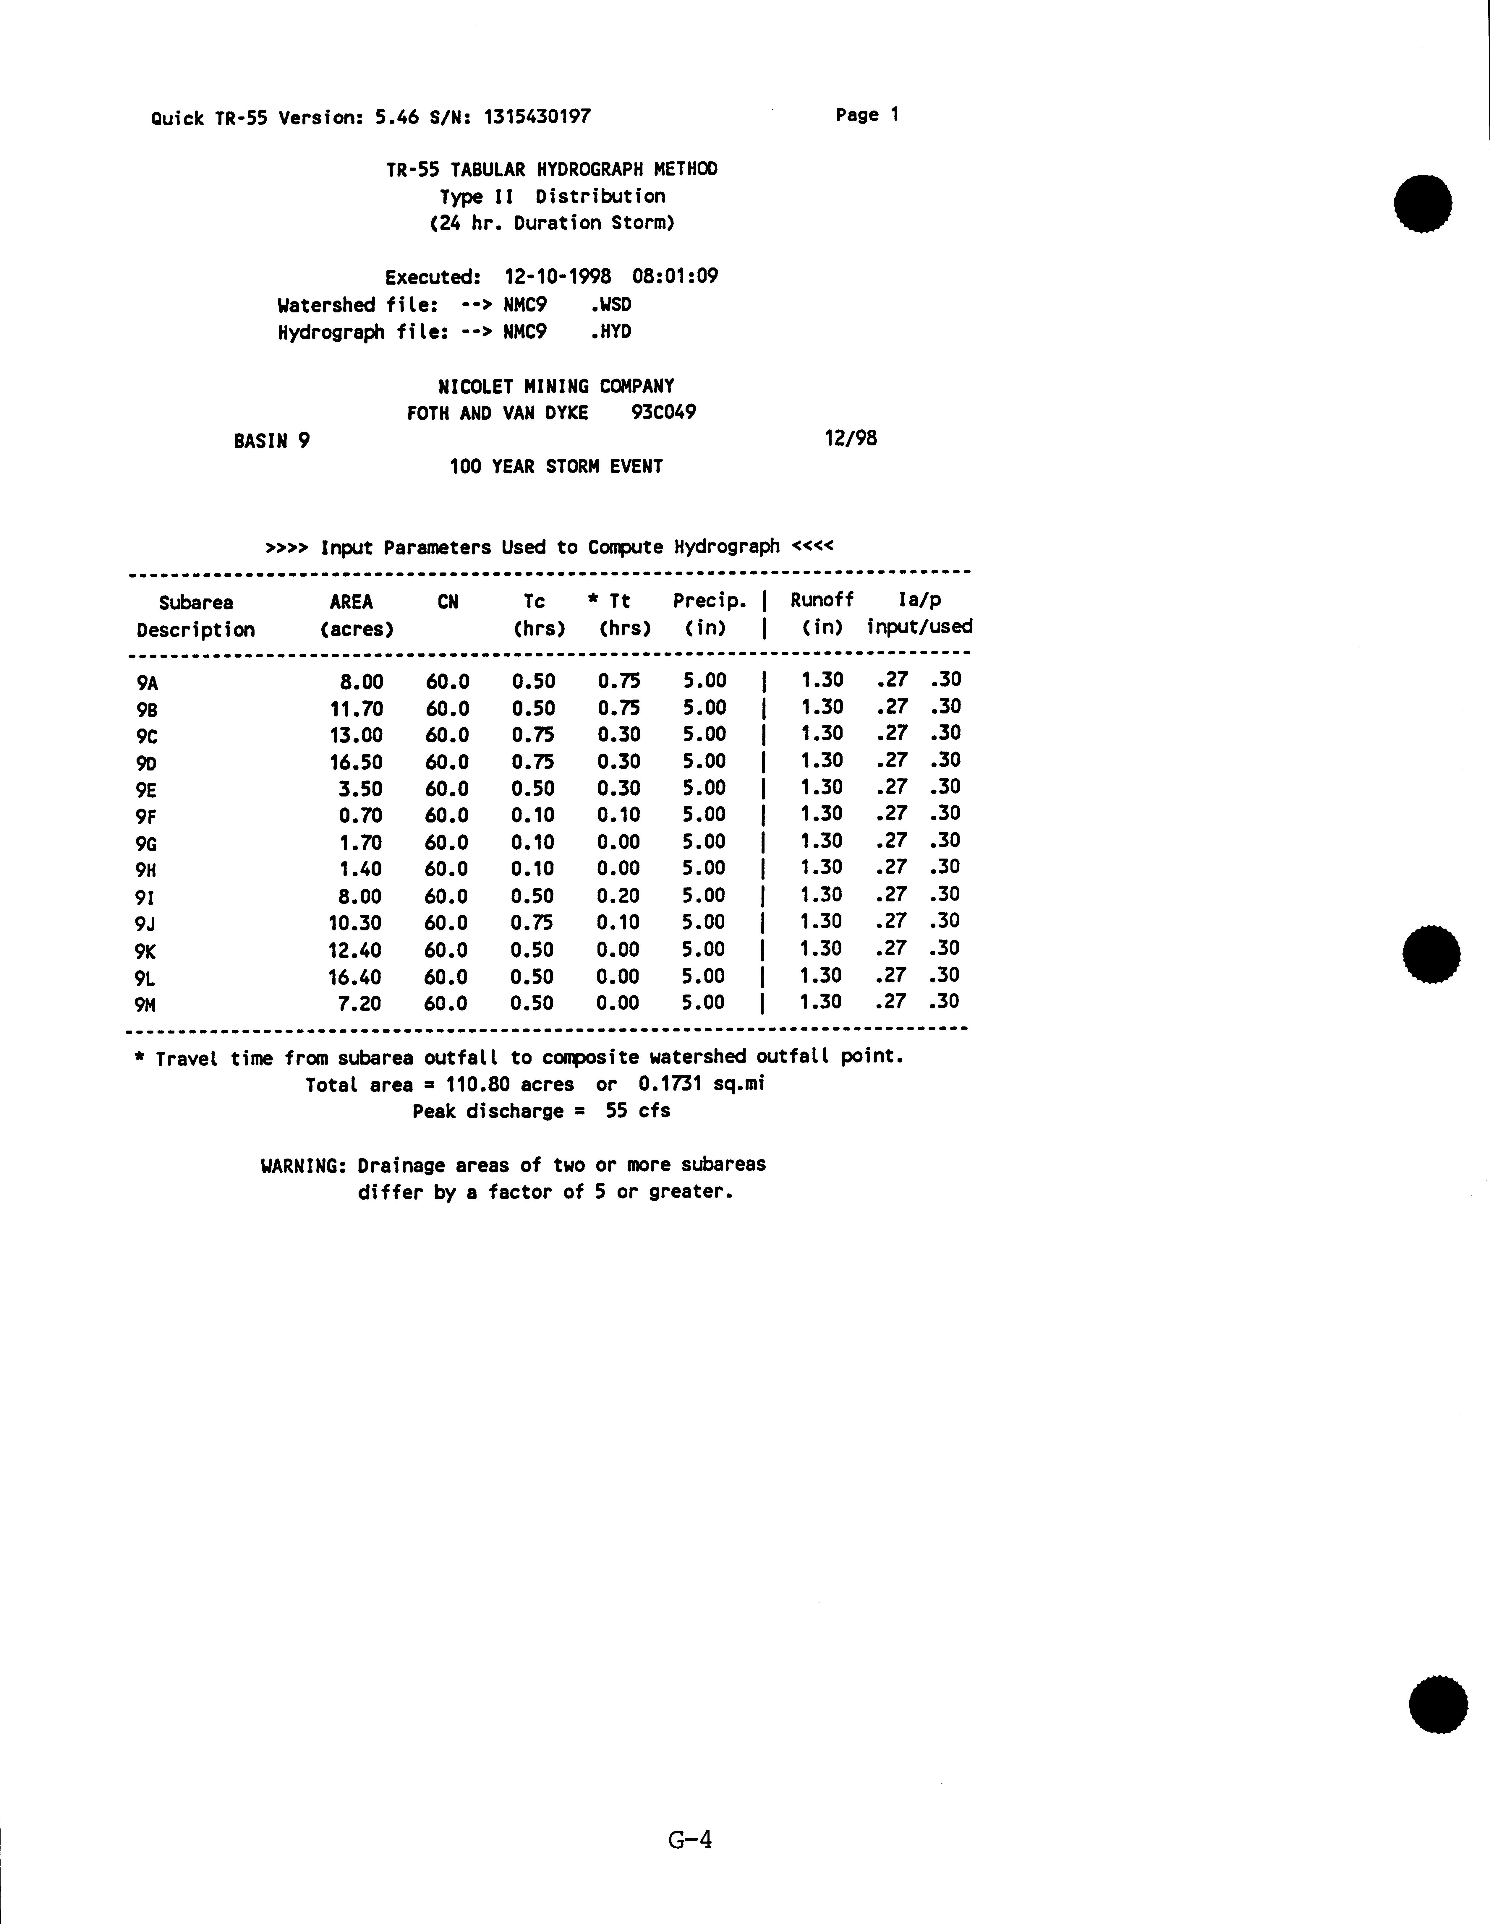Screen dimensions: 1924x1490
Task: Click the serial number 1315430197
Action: click(x=537, y=116)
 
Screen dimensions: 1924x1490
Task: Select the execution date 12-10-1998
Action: click(x=558, y=277)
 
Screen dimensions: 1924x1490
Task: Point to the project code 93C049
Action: click(x=663, y=412)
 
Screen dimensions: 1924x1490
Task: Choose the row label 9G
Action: click(x=146, y=844)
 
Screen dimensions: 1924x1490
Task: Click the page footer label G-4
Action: click(x=690, y=1839)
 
